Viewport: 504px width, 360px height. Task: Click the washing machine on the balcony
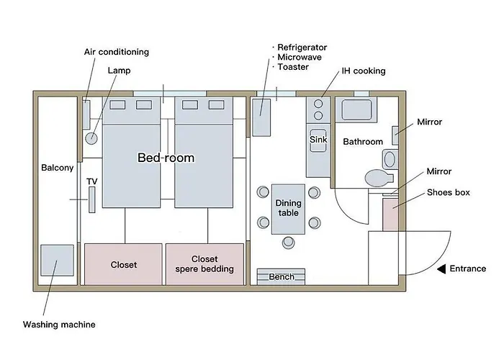[x=57, y=260]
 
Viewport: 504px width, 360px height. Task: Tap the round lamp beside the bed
[x=91, y=138]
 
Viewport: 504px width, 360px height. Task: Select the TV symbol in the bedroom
[x=92, y=199]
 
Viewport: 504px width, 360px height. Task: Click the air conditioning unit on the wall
[x=86, y=114]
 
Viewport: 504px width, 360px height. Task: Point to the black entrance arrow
[x=441, y=269]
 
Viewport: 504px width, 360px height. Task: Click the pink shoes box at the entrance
[x=390, y=215]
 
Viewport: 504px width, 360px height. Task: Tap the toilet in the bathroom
[x=379, y=178]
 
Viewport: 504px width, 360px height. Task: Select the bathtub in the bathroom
[x=356, y=110]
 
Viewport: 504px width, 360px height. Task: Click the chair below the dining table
[x=288, y=243]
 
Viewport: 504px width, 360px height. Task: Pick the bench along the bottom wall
[x=281, y=276]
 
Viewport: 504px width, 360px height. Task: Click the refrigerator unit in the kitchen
[x=261, y=117]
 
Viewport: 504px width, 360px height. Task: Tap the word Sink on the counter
[x=318, y=140]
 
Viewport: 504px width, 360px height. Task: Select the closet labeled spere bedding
[x=204, y=264]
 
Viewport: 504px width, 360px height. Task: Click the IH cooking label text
[x=364, y=71]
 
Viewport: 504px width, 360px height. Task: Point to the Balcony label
[x=57, y=168]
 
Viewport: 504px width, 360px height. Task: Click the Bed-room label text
[x=166, y=158]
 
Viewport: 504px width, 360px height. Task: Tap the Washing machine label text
[x=59, y=324]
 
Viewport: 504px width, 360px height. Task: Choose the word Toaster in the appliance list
[x=293, y=67]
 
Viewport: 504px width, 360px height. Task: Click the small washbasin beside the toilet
[x=390, y=159]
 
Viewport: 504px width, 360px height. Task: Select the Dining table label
[x=288, y=208]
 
